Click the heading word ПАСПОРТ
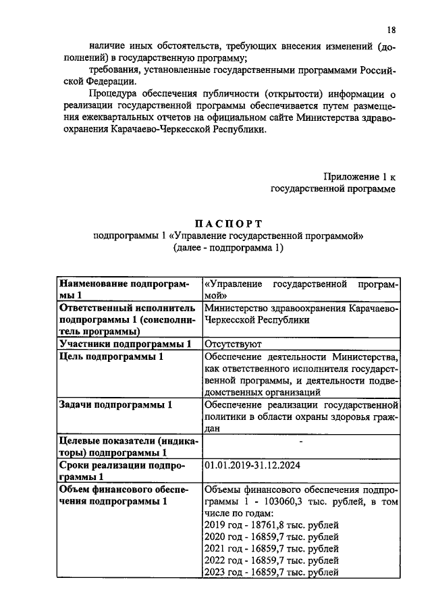click(229, 223)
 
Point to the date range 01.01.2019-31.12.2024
click(252, 465)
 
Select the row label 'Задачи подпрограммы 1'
click(115, 404)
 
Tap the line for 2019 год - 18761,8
click(270, 525)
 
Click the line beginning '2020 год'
click(270, 537)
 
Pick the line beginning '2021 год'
click(270, 549)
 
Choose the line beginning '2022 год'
click(270, 561)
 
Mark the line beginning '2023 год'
click(270, 573)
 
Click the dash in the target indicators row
click(300, 441)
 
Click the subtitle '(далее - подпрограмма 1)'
click(229, 248)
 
